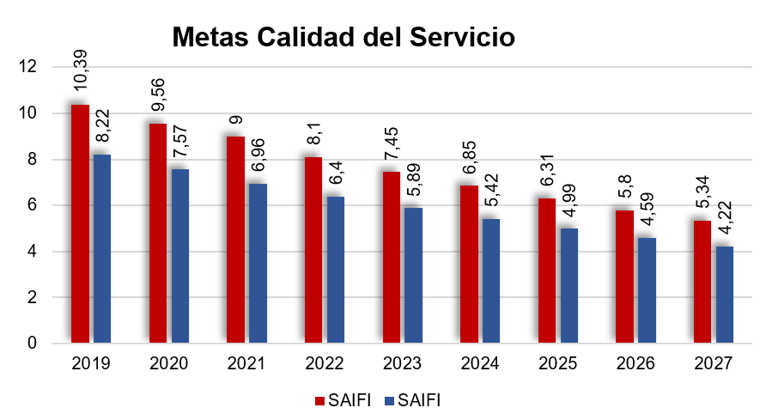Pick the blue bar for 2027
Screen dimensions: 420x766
[724, 295]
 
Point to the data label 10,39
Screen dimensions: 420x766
[80, 70]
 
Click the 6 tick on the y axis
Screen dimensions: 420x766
[33, 205]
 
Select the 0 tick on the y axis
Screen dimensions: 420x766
[33, 344]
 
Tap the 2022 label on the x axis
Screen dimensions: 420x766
[325, 363]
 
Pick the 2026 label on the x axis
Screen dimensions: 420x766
[635, 363]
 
